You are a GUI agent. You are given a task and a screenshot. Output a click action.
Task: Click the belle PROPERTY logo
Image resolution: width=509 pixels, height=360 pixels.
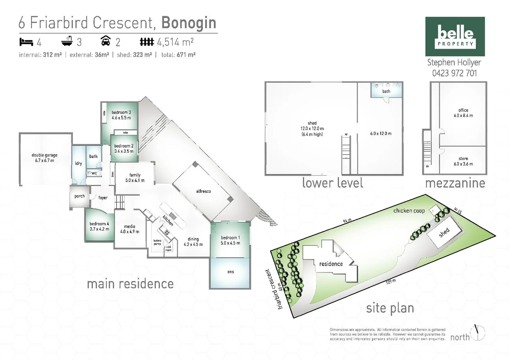[455, 36]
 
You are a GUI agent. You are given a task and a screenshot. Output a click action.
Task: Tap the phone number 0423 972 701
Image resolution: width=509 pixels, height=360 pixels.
[454, 73]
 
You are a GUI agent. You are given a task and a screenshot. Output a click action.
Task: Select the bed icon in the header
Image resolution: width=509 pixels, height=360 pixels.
[26, 42]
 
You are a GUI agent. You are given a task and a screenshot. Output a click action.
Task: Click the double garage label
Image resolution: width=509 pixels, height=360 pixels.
[45, 158]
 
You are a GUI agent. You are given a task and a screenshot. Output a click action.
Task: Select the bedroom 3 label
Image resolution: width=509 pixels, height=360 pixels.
[121, 115]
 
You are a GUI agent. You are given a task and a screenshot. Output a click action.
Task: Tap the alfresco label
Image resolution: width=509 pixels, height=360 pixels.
[203, 191]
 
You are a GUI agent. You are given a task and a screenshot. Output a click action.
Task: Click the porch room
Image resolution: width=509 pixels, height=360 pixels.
[79, 196]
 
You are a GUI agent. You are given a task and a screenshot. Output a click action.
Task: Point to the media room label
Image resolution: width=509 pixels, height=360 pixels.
[130, 229]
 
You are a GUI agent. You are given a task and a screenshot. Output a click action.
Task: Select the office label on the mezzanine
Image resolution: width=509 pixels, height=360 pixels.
[463, 113]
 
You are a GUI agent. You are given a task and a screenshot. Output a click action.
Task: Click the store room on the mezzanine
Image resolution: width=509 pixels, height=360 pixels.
[463, 161]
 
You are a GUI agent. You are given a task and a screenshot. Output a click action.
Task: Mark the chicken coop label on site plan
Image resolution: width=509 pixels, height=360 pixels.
[409, 211]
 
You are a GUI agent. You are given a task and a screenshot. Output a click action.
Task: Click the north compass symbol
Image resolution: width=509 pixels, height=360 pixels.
[478, 332]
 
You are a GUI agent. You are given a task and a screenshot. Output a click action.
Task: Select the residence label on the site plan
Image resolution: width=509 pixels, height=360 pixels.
[331, 264]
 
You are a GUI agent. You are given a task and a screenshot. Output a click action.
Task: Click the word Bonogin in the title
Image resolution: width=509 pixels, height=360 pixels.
[189, 23]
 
